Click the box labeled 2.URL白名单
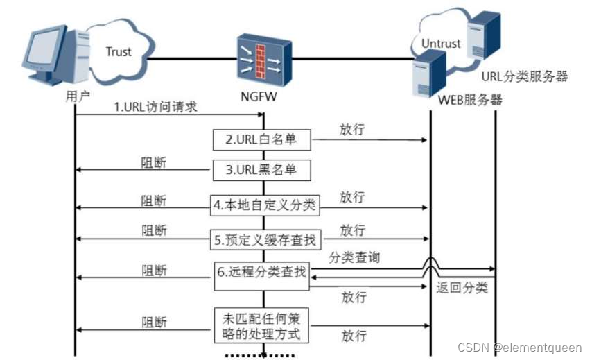pos(261,139)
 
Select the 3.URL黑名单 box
pos(261,170)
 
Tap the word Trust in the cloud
pos(119,51)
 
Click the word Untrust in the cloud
pos(441,43)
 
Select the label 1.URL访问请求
pos(156,108)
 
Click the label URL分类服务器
pos(525,76)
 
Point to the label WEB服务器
pos(470,100)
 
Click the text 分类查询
pos(354,257)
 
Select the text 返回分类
pos(462,287)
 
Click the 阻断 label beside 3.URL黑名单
pos(154,163)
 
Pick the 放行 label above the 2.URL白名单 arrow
pos(352,129)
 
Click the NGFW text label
pos(261,96)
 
